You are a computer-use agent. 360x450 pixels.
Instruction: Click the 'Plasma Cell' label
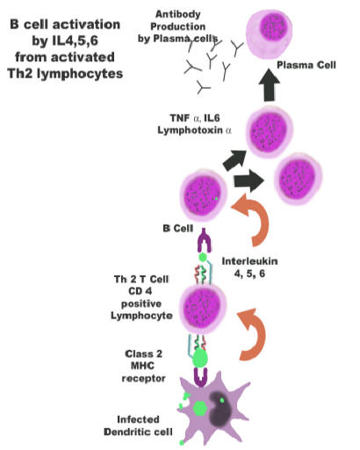click(x=306, y=65)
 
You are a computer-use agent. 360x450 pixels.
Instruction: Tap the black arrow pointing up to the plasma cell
click(x=270, y=85)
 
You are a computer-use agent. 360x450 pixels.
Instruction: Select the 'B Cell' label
click(x=178, y=228)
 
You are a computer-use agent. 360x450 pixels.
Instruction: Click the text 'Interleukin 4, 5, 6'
click(x=249, y=267)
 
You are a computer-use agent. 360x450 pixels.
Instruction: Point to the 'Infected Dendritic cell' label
click(x=138, y=425)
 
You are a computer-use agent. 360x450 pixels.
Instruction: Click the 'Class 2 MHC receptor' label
click(x=143, y=366)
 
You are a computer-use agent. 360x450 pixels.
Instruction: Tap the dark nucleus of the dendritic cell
click(x=220, y=408)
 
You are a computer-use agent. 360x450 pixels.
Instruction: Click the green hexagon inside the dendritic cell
click(x=200, y=408)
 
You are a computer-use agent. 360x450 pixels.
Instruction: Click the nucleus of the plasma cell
click(x=274, y=29)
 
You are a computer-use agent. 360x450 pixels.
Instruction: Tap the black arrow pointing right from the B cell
click(x=249, y=181)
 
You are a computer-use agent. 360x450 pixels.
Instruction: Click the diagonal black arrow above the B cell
click(x=235, y=160)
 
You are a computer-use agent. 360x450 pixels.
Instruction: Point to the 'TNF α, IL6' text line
click(x=195, y=118)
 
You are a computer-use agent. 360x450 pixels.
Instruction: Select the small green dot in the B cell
click(x=216, y=199)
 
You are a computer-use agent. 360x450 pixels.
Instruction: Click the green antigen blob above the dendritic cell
click(x=200, y=359)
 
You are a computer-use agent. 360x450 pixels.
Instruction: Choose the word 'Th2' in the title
click(x=20, y=74)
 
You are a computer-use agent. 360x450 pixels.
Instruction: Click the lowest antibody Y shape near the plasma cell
click(x=203, y=87)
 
